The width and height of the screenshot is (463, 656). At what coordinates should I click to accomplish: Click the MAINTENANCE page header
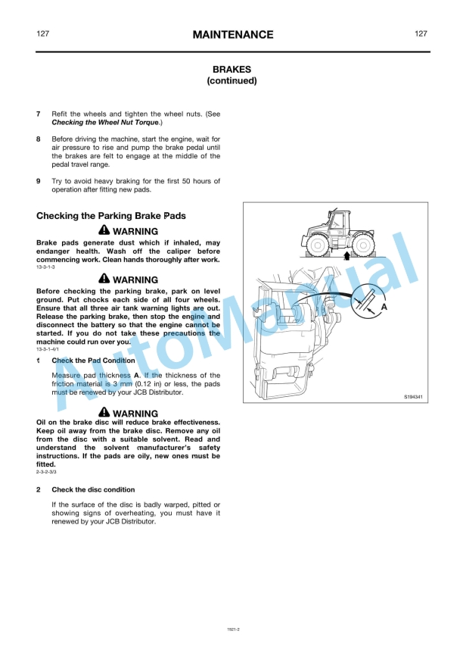coord(232,35)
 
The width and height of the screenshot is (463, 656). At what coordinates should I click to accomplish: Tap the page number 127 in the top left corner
coord(43,34)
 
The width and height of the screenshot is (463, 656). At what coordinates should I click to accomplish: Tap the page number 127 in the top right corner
coord(421,34)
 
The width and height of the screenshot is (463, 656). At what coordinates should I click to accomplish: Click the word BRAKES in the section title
coord(231,69)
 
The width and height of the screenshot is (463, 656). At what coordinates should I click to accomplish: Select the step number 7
coord(39,114)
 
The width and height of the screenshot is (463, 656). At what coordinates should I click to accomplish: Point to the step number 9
coord(39,181)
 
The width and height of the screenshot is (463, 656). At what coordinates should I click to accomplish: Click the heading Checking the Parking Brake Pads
coord(110,216)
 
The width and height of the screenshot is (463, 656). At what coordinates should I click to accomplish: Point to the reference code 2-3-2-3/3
coord(46,472)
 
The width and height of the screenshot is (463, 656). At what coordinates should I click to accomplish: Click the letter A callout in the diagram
coord(384,308)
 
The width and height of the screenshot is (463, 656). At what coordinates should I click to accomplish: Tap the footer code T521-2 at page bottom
coord(231,628)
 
